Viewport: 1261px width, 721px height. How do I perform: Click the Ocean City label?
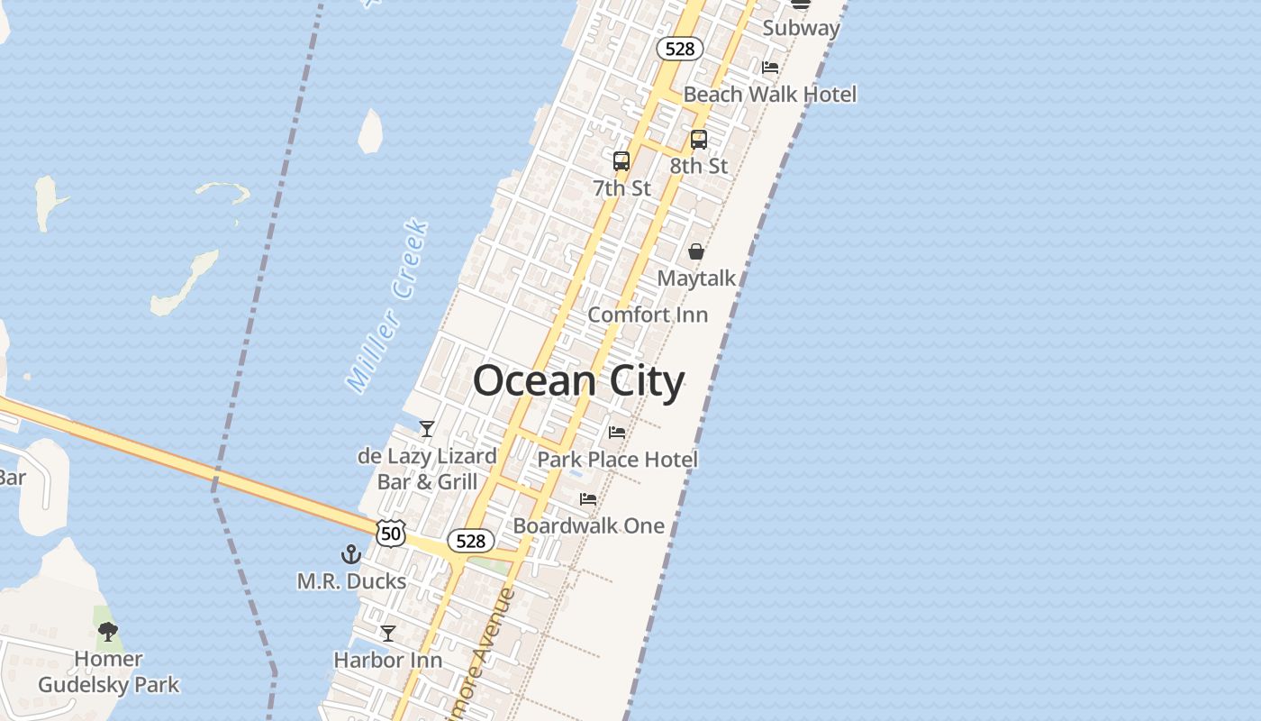[x=578, y=381]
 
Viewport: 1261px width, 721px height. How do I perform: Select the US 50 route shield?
[x=392, y=532]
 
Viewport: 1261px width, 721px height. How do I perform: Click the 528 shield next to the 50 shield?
[x=470, y=541]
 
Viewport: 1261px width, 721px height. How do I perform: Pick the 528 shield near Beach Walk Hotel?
[x=679, y=49]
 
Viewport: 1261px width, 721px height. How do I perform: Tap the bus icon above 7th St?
[x=621, y=161]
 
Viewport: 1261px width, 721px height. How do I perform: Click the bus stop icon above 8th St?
[x=699, y=140]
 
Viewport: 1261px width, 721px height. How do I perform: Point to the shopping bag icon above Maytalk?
[x=696, y=251]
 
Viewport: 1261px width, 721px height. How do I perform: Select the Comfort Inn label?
[x=648, y=315]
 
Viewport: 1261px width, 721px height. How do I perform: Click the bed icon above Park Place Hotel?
[x=617, y=433]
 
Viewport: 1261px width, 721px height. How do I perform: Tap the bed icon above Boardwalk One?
[x=588, y=498]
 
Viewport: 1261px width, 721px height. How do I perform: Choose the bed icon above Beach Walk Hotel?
[x=770, y=67]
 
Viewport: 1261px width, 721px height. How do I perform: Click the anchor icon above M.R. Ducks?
[x=350, y=554]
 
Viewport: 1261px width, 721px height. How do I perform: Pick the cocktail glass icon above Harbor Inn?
[x=388, y=634]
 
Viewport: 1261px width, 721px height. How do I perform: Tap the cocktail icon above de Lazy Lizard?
[x=427, y=429]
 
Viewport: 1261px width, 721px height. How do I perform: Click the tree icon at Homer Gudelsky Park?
[x=108, y=632]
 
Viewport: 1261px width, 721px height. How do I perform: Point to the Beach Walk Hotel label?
[x=770, y=95]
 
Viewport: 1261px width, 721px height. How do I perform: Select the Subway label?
[x=801, y=28]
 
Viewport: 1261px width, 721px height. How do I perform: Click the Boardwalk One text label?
[x=589, y=525]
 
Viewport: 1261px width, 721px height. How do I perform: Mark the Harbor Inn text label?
[x=388, y=661]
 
